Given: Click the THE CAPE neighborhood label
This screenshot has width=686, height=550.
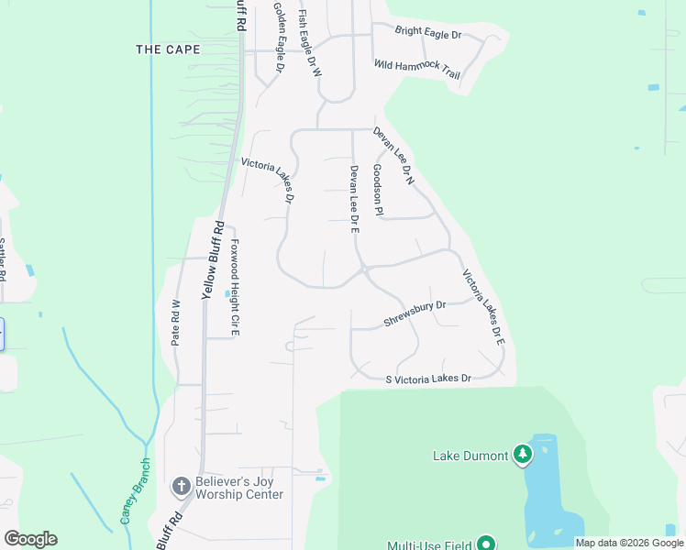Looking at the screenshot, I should (167, 49).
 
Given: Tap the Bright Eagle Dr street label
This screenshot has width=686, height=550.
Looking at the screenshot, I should (427, 33).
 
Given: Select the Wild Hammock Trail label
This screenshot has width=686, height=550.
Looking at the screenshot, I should (417, 68).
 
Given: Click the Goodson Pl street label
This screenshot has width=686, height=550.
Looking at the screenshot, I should (377, 191).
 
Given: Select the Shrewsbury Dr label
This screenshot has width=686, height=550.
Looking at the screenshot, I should (414, 313).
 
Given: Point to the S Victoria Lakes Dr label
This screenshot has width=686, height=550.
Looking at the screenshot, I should (428, 379).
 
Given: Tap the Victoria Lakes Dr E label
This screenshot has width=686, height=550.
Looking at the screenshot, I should (483, 306).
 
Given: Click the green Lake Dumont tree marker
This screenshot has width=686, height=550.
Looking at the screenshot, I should (523, 454).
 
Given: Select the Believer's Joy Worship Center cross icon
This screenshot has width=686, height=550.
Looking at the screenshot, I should (181, 485).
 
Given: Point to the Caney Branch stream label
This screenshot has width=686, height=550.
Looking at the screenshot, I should (135, 491).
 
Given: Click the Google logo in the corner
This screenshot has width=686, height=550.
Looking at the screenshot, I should (30, 539).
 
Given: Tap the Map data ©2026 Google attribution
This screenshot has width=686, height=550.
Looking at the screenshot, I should (629, 543).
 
